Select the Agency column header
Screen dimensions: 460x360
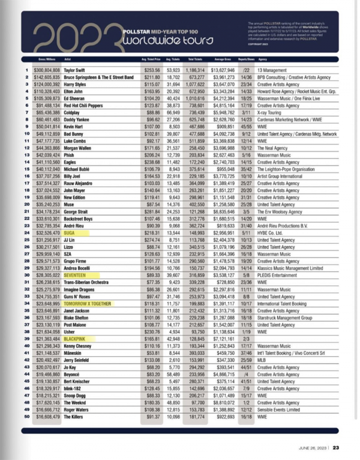(262, 61)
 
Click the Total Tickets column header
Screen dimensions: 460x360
(194, 61)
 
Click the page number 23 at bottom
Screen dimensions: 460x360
(337, 446)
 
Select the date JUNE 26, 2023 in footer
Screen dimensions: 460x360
(313, 446)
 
